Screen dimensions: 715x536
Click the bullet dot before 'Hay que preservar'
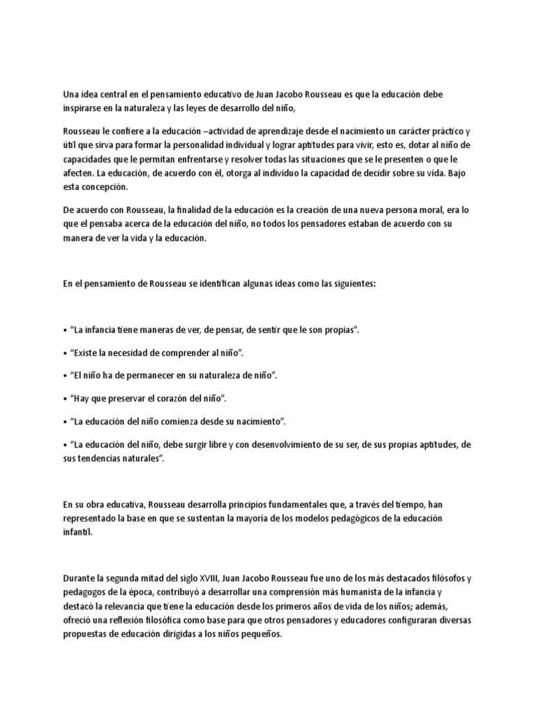point(65,398)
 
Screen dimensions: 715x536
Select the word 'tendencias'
point(103,459)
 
